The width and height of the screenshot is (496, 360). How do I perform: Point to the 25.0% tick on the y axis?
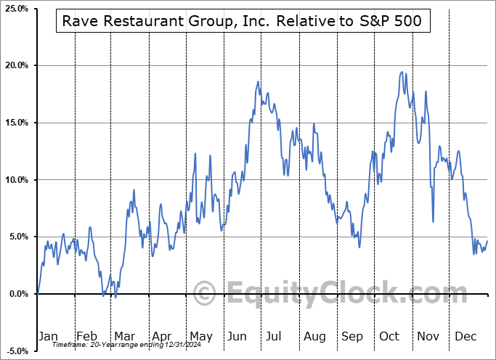pyautogui.click(x=16, y=9)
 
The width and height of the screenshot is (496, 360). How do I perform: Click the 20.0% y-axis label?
pyautogui.click(x=16, y=65)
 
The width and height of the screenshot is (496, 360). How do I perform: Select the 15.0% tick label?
pyautogui.click(x=16, y=123)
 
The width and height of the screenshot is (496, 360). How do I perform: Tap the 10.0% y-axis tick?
pyautogui.click(x=16, y=180)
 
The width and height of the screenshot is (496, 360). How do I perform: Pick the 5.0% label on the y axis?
pyautogui.click(x=18, y=237)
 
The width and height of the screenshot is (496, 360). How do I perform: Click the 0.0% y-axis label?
pyautogui.click(x=18, y=294)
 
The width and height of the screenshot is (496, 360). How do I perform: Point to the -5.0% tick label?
pyautogui.click(x=17, y=351)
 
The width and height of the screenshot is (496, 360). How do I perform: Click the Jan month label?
pyautogui.click(x=48, y=336)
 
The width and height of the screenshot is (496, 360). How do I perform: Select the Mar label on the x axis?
pyautogui.click(x=125, y=336)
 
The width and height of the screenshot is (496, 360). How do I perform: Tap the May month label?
pyautogui.click(x=200, y=336)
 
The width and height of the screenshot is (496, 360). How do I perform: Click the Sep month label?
pyautogui.click(x=353, y=336)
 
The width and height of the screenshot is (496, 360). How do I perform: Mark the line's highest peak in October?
pyautogui.click(x=402, y=72)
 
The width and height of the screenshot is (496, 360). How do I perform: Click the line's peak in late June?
pyautogui.click(x=258, y=82)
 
